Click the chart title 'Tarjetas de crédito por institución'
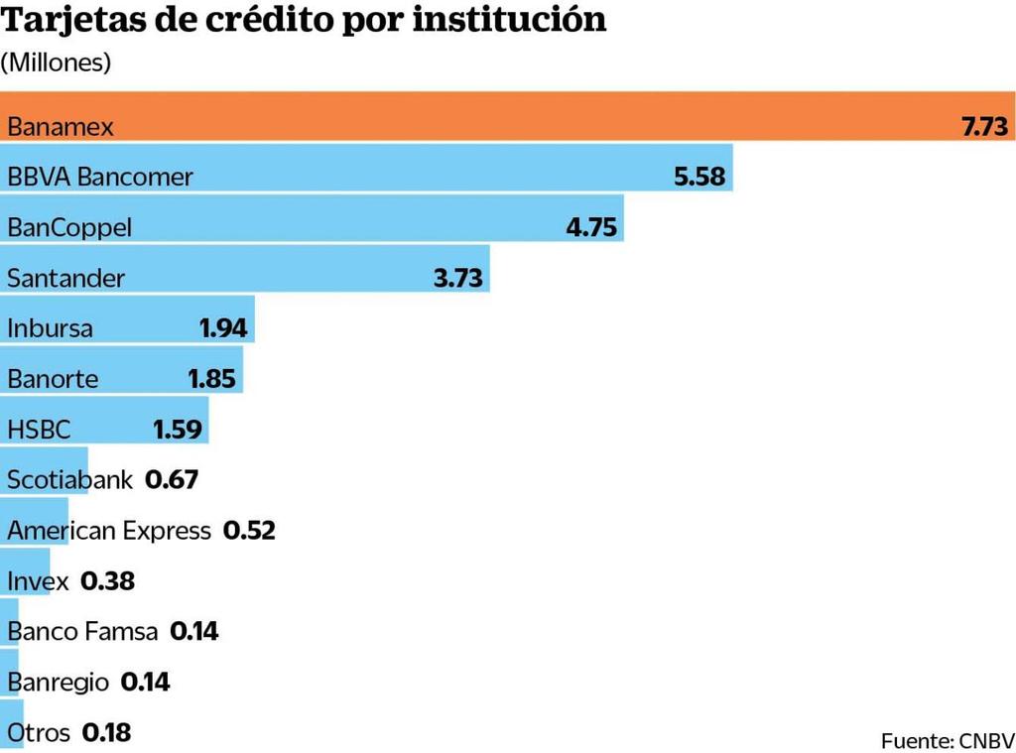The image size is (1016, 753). [304, 20]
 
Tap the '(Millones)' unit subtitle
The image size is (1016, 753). [56, 63]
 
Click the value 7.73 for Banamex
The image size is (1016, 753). [984, 127]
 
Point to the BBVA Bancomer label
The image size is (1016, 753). [100, 178]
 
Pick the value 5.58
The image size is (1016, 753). [699, 178]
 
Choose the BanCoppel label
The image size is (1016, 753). [69, 228]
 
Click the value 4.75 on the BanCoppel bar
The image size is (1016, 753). [591, 228]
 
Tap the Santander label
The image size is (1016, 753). [66, 279]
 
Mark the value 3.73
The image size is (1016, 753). [458, 279]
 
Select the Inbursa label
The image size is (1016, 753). [50, 328]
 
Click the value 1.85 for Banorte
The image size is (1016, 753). [211, 379]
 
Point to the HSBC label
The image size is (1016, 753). [39, 430]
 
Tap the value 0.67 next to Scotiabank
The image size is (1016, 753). [172, 480]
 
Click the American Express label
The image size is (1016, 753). [109, 531]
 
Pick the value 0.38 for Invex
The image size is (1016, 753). [107, 581]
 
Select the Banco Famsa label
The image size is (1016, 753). [82, 631]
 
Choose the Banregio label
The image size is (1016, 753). [58, 683]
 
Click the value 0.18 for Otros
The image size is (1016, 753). [106, 733]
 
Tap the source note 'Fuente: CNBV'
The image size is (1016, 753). [948, 740]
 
